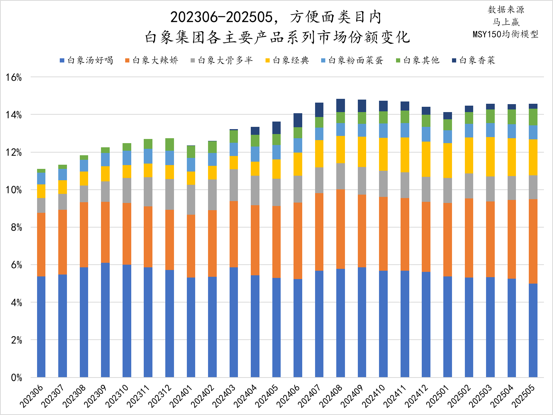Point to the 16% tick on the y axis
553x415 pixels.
tap(14, 78)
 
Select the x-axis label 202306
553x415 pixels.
tap(32, 396)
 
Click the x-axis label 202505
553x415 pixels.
tap(524, 396)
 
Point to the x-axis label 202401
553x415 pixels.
tap(181, 396)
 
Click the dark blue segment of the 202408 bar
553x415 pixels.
tap(340, 105)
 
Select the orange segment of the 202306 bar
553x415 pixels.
tap(41, 245)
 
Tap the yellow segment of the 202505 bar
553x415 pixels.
tap(533, 157)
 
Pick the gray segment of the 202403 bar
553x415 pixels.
tap(234, 185)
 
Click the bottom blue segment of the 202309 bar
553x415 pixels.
tap(105, 320)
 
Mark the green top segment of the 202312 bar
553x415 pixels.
tap(169, 144)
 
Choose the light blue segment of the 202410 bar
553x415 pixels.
tap(383, 130)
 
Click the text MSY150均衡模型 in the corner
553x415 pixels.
tap(505, 34)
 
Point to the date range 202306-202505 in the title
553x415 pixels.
tap(221, 17)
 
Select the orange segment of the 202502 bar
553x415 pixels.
tap(469, 238)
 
